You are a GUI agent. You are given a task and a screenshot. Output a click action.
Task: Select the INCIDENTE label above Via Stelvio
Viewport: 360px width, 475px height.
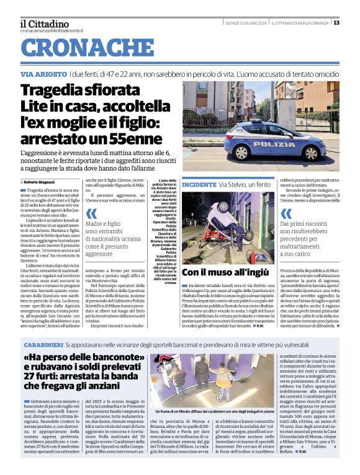pyautogui.click(x=199, y=185)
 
